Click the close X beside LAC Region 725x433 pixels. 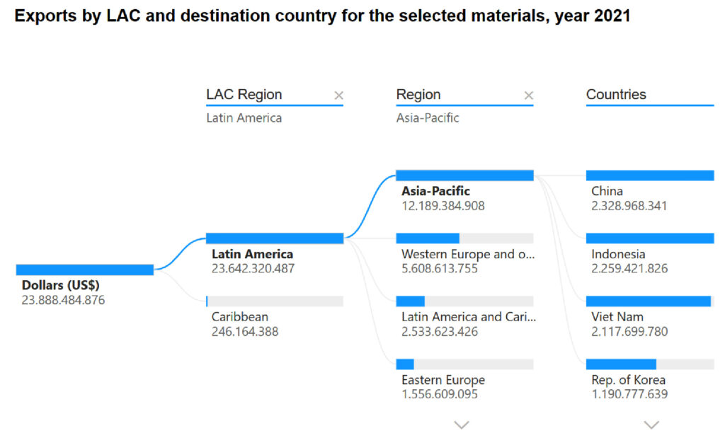(338, 96)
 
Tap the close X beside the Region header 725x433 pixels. (528, 96)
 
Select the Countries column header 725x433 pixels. (616, 94)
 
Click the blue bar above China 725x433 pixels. (649, 175)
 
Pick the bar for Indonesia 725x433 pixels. (649, 238)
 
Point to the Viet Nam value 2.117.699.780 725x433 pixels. (629, 331)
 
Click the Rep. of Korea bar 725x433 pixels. (622, 364)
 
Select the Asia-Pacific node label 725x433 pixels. (435, 191)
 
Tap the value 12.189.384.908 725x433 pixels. (443, 206)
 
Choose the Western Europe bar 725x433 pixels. (428, 238)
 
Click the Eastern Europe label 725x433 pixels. (443, 380)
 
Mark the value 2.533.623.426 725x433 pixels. (439, 331)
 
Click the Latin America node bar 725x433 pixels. (274, 238)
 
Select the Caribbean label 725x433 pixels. (239, 316)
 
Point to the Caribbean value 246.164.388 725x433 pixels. (244, 331)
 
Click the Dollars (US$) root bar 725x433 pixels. (84, 270)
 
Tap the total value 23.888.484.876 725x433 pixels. (63, 299)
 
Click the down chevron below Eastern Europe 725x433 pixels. (462, 424)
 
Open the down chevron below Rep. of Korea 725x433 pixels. (651, 424)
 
